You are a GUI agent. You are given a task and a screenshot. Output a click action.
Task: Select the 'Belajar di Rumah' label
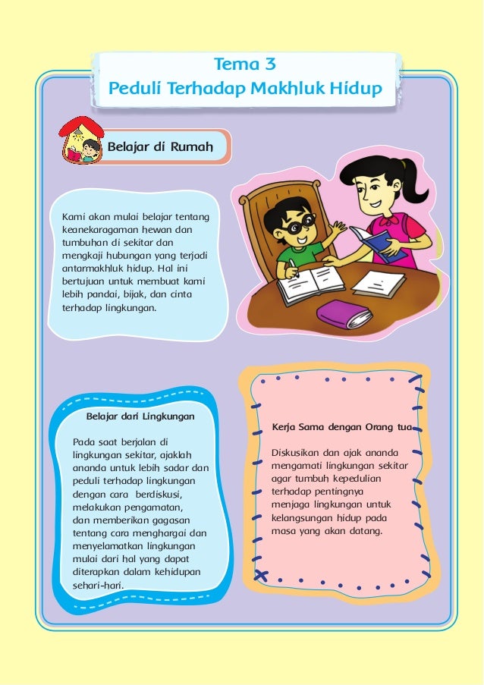pos(159,146)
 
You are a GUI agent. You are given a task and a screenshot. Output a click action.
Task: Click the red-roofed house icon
pos(80,140)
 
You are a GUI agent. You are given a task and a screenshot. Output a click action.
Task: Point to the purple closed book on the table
pos(344,313)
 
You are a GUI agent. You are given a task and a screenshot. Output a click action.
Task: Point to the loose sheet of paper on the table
pos(379,284)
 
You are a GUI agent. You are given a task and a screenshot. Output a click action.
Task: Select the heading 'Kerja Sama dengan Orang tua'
pos(341,428)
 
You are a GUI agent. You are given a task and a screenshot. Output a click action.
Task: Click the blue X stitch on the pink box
pos(262,575)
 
